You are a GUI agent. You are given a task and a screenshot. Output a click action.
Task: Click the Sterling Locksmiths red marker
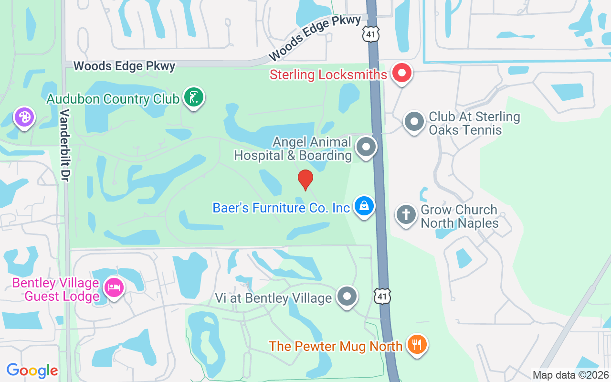(401, 74)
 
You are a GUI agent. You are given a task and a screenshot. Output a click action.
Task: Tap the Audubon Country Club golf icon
(193, 97)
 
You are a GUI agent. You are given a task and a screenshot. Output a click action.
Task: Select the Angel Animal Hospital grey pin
(366, 147)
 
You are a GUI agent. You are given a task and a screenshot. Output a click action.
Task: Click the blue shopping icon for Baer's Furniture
(364, 206)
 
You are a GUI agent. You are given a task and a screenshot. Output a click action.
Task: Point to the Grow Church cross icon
(406, 214)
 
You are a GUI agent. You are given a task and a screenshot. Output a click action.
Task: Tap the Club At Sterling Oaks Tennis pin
(414, 122)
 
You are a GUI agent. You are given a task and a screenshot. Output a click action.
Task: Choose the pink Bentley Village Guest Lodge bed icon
(114, 287)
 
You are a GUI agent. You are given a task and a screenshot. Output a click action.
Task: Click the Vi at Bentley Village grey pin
(347, 296)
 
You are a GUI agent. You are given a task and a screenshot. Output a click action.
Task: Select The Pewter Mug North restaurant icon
(417, 344)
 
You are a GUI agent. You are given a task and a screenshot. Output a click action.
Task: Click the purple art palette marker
(24, 117)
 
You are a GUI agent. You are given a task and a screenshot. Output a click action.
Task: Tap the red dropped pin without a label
(305, 180)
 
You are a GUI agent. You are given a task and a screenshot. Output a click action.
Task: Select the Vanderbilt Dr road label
(65, 145)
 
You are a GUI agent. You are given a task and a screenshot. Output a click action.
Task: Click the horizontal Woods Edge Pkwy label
(125, 66)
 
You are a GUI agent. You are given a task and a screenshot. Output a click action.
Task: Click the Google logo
(32, 370)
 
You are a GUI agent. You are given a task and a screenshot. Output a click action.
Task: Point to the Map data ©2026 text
(570, 375)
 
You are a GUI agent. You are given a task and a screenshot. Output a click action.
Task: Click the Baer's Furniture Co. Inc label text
(281, 208)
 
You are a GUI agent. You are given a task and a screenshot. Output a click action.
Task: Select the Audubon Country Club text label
(113, 99)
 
